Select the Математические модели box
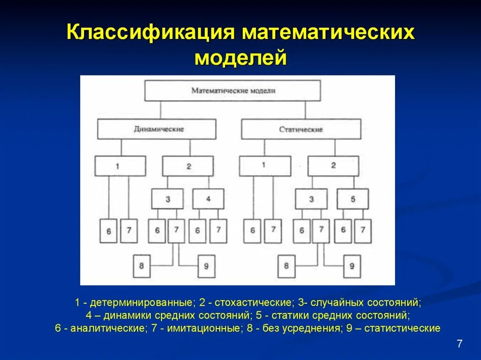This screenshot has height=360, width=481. [233, 91]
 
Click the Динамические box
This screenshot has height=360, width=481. [157, 129]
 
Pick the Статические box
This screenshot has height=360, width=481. [301, 129]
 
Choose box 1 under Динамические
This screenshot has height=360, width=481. [120, 166]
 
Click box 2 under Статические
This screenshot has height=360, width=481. [334, 166]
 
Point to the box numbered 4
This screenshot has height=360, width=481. [208, 199]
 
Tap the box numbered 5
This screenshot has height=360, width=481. [353, 199]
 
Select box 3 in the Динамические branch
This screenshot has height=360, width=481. [167, 199]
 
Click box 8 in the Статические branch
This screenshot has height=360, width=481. [287, 266]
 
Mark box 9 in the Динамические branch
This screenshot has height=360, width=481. [207, 266]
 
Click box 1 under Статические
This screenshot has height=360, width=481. [264, 166]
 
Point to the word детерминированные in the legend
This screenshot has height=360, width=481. [141, 302]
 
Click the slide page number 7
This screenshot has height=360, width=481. [459, 344]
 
